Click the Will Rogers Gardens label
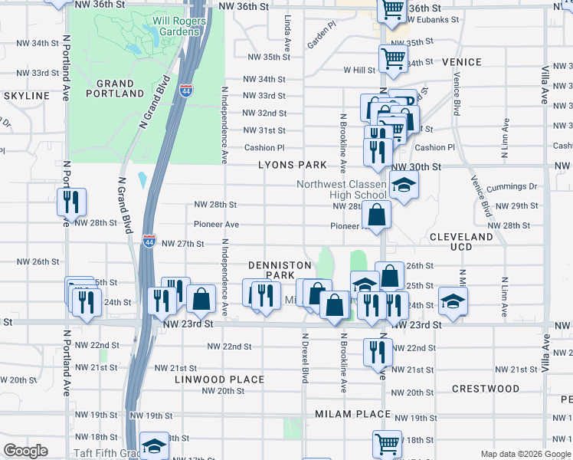pos(179,26)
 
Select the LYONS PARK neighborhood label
pos(292,165)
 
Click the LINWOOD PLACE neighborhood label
pos(219,379)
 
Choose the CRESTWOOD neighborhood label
pos(485,389)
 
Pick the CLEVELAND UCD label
pos(461,243)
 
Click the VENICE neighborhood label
pos(461,62)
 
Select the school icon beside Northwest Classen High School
pos(404,185)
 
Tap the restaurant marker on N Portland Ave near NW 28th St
pos(70,202)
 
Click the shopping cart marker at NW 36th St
pos(392,10)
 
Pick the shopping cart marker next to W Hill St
pos(392,58)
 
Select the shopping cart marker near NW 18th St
pos(387,443)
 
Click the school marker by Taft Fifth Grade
pos(154,447)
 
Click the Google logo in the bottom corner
pos(25,451)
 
